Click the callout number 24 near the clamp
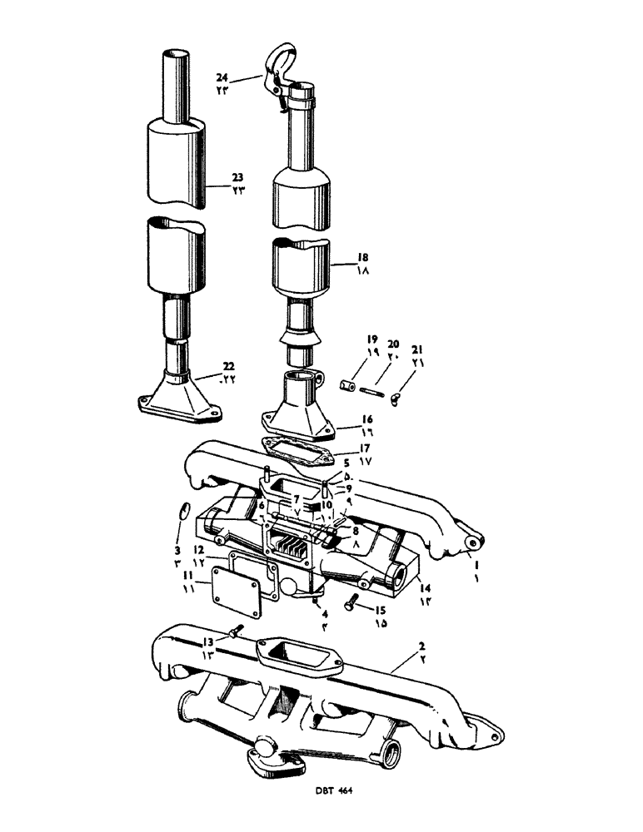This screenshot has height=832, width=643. point(222,78)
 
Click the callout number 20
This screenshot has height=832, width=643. point(395,343)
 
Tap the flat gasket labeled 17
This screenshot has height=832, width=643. point(286,448)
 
